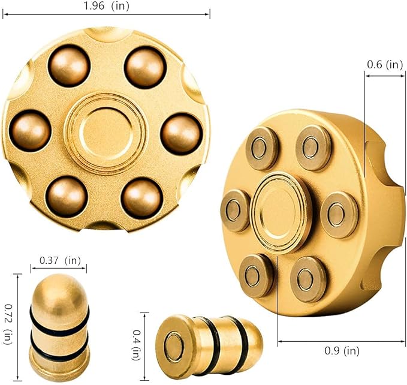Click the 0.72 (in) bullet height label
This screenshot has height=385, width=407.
pyautogui.click(x=7, y=327)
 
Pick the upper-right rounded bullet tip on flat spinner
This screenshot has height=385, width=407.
pyautogui.click(x=144, y=67)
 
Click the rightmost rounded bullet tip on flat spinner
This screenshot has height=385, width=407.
pyautogui.click(x=182, y=133)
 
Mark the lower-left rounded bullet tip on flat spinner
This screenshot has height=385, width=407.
pyautogui.click(x=67, y=196)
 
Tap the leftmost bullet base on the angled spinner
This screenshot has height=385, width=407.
pyautogui.click(x=235, y=210)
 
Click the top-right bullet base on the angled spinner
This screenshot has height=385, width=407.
pyautogui.click(x=313, y=148)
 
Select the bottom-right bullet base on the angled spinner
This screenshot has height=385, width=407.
pyautogui.click(x=308, y=278)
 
